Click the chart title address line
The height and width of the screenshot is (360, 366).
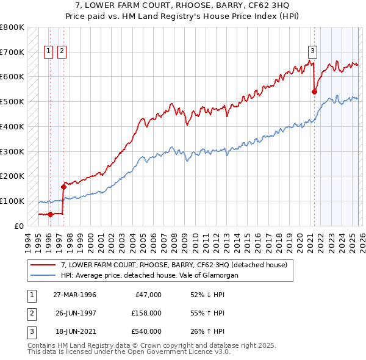183,5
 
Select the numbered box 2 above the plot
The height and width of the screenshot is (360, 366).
62,51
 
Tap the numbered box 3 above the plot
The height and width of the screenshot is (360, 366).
312,51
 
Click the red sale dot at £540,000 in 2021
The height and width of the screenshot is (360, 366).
315,92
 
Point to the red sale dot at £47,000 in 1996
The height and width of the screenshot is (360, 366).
50,214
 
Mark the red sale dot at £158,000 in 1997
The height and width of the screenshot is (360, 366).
63,187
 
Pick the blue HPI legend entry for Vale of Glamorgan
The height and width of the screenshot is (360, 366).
149,275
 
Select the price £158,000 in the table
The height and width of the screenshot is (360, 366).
146,313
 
